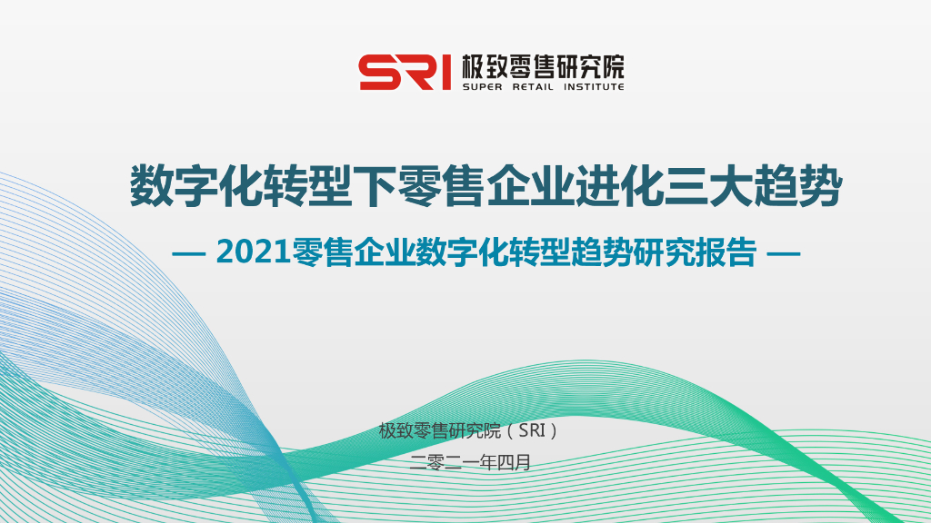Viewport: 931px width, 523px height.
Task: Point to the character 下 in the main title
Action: (x=375, y=186)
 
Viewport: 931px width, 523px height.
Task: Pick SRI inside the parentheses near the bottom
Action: (x=532, y=430)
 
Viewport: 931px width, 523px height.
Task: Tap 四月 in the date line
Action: (x=514, y=462)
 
